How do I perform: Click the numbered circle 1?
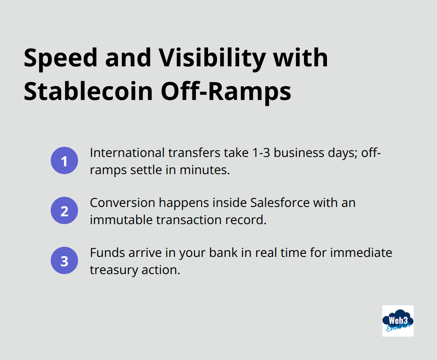point(64,160)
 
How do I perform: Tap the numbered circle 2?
point(64,210)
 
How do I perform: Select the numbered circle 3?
point(64,260)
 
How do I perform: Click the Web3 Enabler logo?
point(398,321)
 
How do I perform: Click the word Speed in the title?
point(61,59)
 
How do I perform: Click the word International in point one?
point(126,153)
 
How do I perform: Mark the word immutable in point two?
point(121,220)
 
